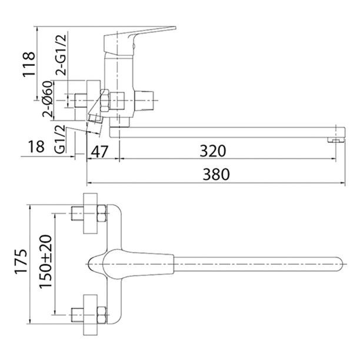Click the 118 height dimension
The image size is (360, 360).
tap(29, 64)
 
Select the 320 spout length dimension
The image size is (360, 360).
tap(213, 151)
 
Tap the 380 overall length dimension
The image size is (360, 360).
tap(216, 174)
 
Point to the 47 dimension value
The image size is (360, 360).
tap(99, 152)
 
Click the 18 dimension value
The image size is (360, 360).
tap(36, 146)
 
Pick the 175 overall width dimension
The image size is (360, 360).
tap(21, 261)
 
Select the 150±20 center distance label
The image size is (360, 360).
tap(45, 261)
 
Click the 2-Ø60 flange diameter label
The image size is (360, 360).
tap(47, 99)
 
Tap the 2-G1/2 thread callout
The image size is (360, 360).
tap(61, 55)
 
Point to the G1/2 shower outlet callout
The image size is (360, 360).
tap(60, 140)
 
